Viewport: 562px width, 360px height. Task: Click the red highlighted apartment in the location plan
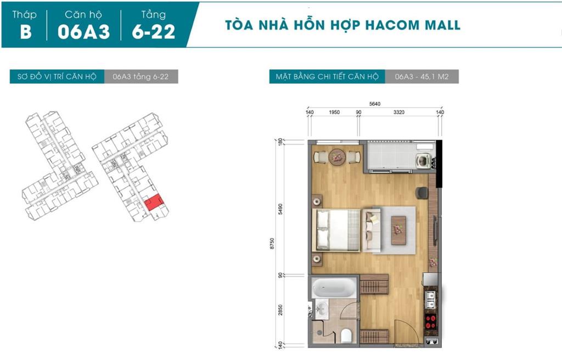[154, 203]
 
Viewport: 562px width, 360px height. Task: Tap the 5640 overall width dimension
[374, 104]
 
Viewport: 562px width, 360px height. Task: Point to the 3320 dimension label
[398, 113]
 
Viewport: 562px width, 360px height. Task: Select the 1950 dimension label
[334, 113]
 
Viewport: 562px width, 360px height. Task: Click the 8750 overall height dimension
[272, 244]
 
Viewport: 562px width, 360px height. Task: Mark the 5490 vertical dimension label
[280, 209]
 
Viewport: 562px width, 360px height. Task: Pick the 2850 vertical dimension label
[280, 310]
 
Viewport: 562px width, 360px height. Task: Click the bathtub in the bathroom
[334, 288]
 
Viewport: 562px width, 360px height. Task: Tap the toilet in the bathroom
[346, 335]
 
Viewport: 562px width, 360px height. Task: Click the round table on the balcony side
[337, 157]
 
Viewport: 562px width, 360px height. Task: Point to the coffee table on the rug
[398, 230]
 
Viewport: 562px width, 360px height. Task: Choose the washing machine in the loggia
[423, 161]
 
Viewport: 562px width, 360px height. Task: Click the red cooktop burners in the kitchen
[430, 322]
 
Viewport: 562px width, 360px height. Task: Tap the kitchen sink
[430, 300]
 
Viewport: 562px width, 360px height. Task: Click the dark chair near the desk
[421, 193]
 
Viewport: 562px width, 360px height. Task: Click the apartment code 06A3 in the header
[84, 31]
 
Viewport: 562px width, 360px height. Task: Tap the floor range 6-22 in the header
[154, 31]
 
